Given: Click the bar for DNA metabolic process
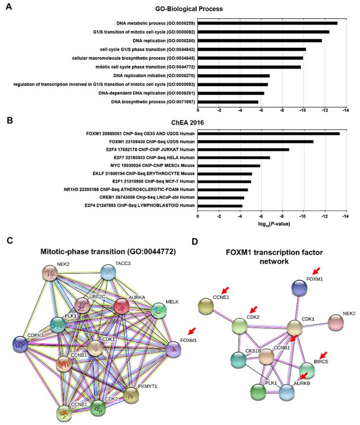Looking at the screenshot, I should pyautogui.click(x=267, y=23).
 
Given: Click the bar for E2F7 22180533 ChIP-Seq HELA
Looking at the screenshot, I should pyautogui.click(x=234, y=158).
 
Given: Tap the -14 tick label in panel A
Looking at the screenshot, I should pyautogui.click(x=344, y=110).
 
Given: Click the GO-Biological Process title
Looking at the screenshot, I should pyautogui.click(x=226, y=8).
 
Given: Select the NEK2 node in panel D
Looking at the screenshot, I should pyautogui.click(x=334, y=322).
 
